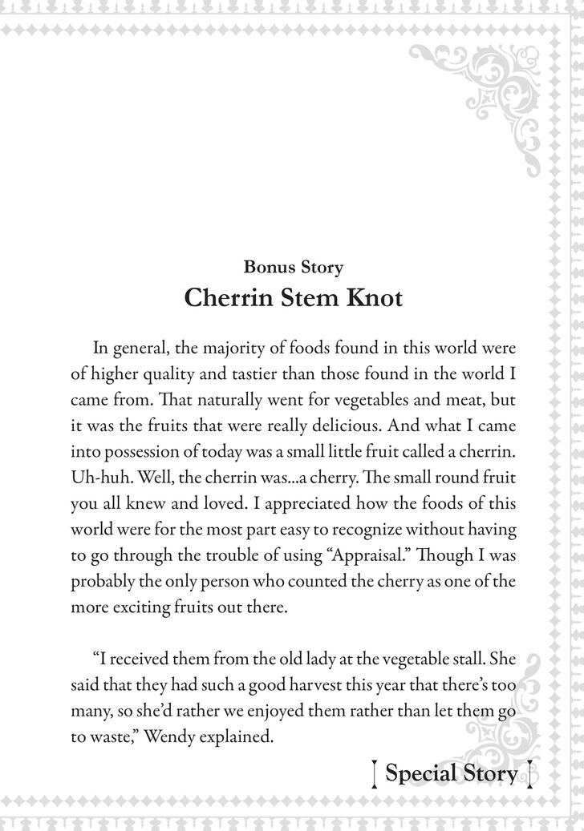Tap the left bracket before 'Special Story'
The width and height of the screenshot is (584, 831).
coord(375,775)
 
